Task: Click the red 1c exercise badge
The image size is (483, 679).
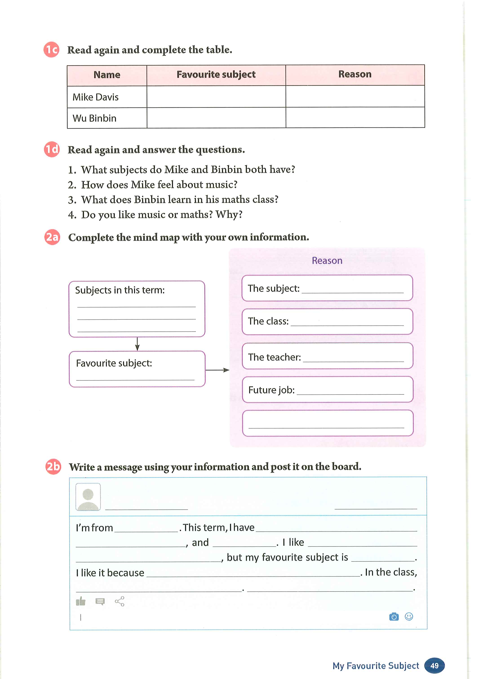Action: tap(51, 50)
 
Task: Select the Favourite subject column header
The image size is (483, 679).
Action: tap(216, 75)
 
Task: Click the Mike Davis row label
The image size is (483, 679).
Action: tap(95, 97)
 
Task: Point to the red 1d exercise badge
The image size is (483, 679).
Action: tap(52, 149)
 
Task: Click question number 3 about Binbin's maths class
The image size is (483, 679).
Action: tap(173, 199)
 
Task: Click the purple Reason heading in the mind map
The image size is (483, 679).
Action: tap(327, 261)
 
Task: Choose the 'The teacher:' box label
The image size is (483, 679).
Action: tap(274, 357)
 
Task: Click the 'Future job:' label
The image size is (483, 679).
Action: tap(271, 390)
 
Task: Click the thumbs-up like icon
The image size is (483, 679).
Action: tap(81, 601)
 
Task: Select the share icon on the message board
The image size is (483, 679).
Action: tap(120, 601)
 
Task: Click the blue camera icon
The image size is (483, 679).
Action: tap(394, 617)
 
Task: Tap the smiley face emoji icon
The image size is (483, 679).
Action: tap(409, 617)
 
